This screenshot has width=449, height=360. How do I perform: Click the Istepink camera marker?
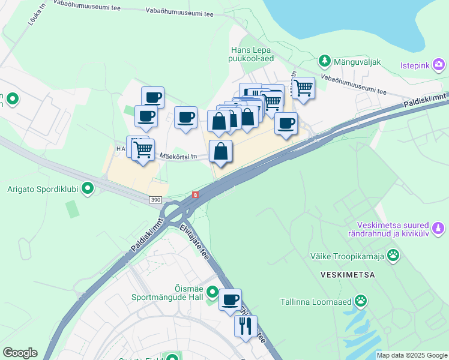tap(439, 64)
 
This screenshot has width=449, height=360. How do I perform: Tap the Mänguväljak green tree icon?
tap(325, 60)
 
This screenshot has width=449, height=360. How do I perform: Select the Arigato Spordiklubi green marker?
tap(88, 189)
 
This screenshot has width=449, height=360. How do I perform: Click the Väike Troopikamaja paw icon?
tap(393, 256)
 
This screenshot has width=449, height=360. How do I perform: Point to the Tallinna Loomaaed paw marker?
tap(361, 301)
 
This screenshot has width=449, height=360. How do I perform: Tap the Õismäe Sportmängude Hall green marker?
tap(212, 293)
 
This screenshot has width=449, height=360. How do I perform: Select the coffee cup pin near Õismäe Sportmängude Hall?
tap(230, 299)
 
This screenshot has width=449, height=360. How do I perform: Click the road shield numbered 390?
tap(155, 199)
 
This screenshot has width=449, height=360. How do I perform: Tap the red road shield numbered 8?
tap(195, 194)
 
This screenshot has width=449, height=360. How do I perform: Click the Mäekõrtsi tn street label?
tap(178, 157)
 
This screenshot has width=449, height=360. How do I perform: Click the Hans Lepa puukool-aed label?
tap(252, 55)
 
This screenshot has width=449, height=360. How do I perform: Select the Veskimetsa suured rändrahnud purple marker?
tap(439, 228)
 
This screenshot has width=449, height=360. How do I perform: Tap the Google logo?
tap(20, 353)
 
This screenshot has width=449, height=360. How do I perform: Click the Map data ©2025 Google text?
tap(412, 355)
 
